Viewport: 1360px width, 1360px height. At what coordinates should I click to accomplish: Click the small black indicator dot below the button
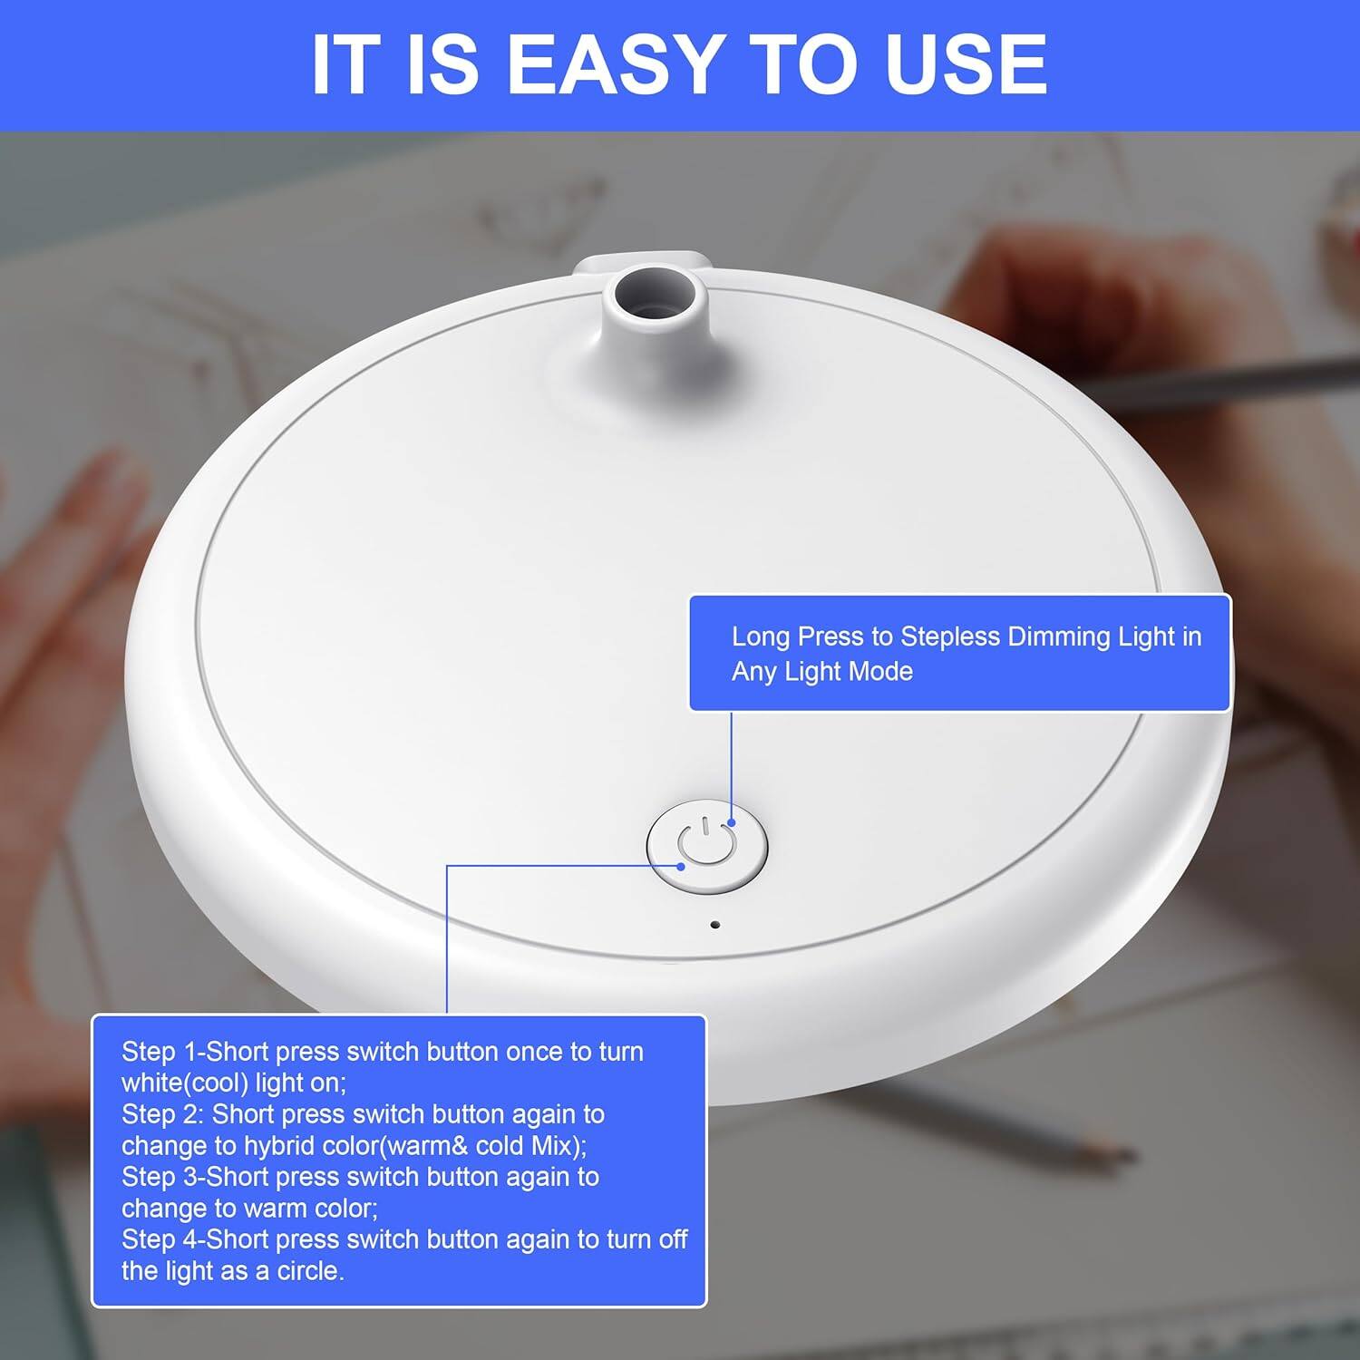point(714,925)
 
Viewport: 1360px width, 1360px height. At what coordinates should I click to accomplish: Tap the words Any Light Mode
point(822,672)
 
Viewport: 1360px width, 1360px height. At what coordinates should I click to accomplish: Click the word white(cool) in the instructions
point(185,1083)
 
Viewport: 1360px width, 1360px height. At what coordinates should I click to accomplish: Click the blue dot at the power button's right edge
point(731,823)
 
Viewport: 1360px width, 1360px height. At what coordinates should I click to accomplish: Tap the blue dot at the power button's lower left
point(681,866)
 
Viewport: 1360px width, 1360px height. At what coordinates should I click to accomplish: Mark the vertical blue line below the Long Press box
point(731,765)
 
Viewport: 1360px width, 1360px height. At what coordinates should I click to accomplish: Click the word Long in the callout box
point(761,636)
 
